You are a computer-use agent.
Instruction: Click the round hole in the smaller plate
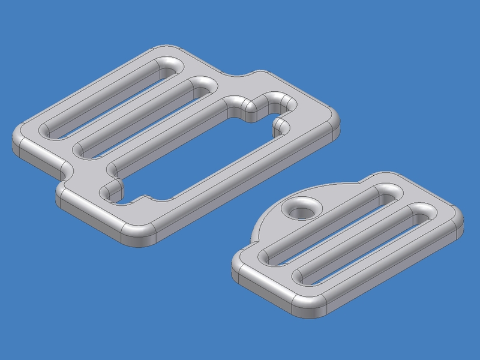[x=302, y=210]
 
